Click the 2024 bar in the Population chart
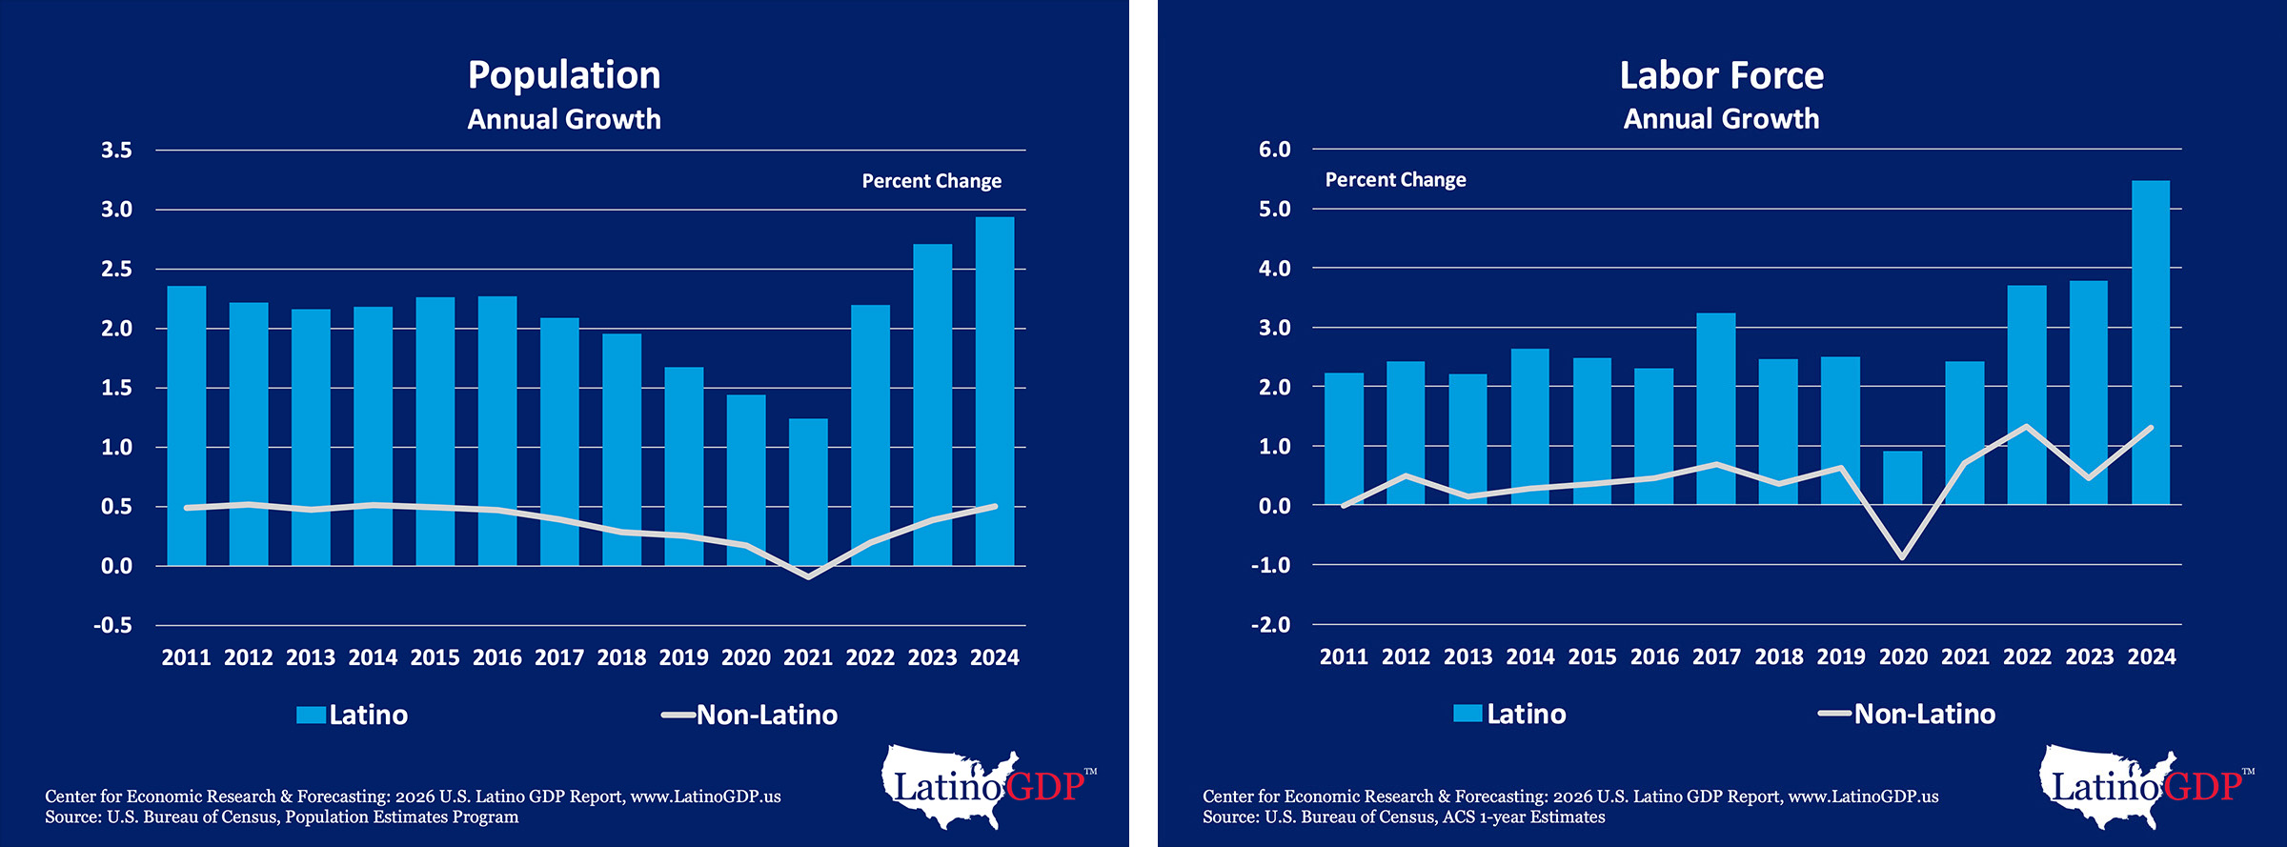tap(994, 391)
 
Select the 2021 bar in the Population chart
tap(808, 492)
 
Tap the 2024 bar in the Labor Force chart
tap(2151, 343)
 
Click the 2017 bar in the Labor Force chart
tap(1716, 409)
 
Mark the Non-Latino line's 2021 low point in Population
tap(808, 576)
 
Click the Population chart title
tap(564, 75)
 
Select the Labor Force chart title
tap(1721, 75)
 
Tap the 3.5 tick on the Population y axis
tap(116, 151)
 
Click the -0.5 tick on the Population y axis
tap(113, 626)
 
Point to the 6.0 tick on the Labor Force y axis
tap(1274, 150)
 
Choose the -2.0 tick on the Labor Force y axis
tap(1271, 625)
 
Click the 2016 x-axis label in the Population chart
tap(497, 657)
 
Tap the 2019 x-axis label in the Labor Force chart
tap(1841, 656)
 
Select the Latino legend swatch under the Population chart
tap(311, 715)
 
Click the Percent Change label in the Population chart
tap(931, 181)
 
